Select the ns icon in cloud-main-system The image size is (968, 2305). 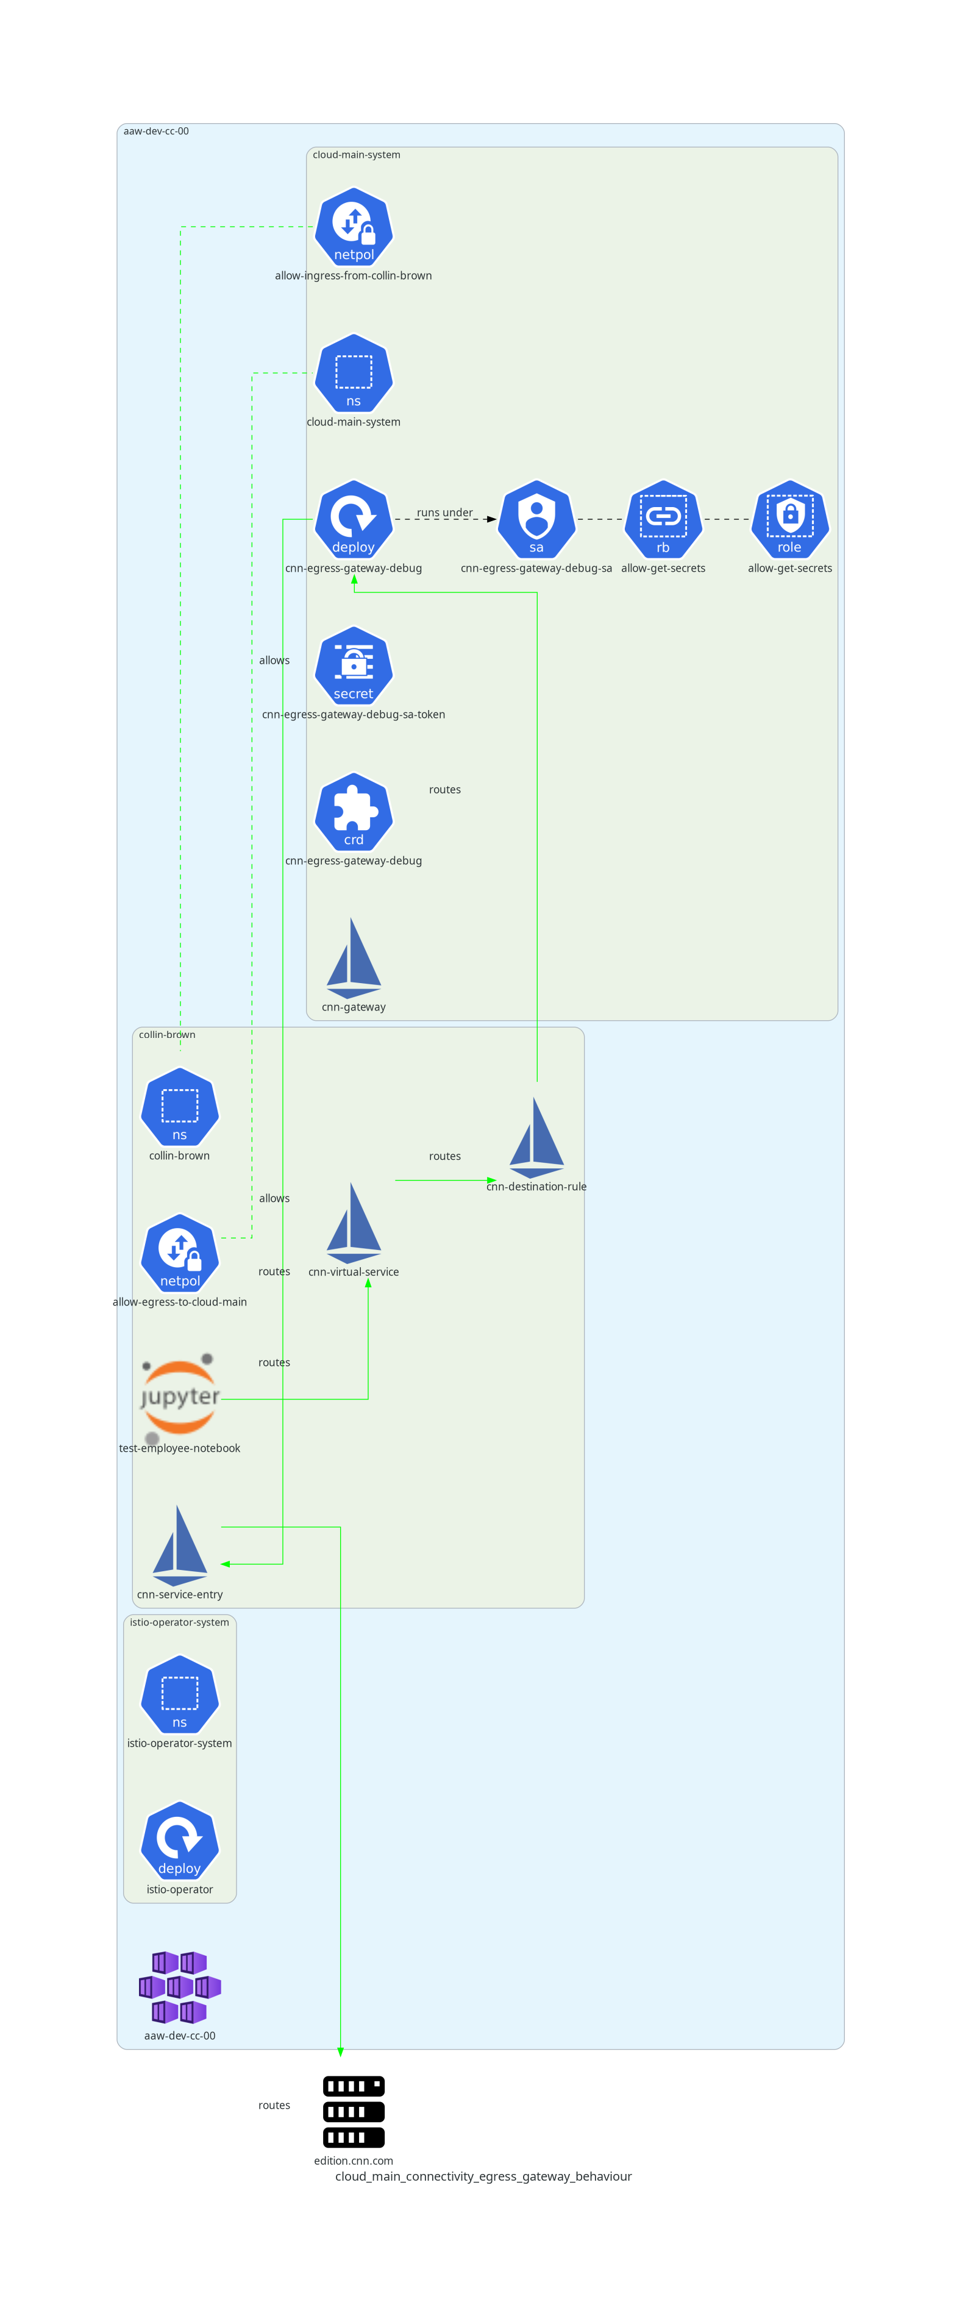coord(354,373)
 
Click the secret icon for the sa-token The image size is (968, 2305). coord(354,666)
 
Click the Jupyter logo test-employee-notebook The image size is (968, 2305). coord(180,1398)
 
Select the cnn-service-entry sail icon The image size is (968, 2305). coord(180,1546)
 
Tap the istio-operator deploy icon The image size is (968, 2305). coord(180,1841)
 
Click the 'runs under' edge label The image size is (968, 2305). coord(444,513)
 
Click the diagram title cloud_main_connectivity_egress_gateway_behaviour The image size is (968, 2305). coord(483,2176)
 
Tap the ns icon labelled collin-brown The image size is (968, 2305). coord(180,1107)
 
